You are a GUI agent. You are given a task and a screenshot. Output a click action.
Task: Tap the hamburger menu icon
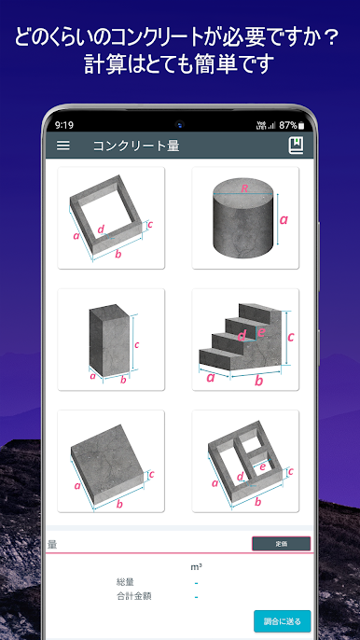pos(63,146)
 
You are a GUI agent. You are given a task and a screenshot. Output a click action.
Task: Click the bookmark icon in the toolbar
pos(296,146)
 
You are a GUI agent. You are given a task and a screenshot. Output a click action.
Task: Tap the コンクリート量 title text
pos(136,146)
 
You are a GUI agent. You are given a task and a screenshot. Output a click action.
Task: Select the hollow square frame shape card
pos(111,218)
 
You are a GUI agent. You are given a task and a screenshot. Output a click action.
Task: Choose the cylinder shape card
pos(245,218)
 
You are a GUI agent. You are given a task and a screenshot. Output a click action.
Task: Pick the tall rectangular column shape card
pos(111,340)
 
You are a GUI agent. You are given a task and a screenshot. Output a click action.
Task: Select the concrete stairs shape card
pos(245,340)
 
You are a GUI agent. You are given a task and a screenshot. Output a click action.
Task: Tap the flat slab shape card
pos(111,461)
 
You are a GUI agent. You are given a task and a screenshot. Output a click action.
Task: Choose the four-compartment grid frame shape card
pos(245,461)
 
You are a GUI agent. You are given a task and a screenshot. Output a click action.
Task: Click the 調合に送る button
pos(282,620)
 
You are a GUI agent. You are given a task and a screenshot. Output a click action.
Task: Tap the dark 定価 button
pos(281,543)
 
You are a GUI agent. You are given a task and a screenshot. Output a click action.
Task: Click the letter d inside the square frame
pos(100,229)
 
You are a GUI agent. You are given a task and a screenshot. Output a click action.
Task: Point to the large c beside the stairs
pos(290,337)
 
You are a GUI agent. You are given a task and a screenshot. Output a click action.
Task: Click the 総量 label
pos(125,582)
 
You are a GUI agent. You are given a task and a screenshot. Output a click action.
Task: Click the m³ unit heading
pos(196,565)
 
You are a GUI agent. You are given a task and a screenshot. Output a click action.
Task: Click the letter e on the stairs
pos(261,331)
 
